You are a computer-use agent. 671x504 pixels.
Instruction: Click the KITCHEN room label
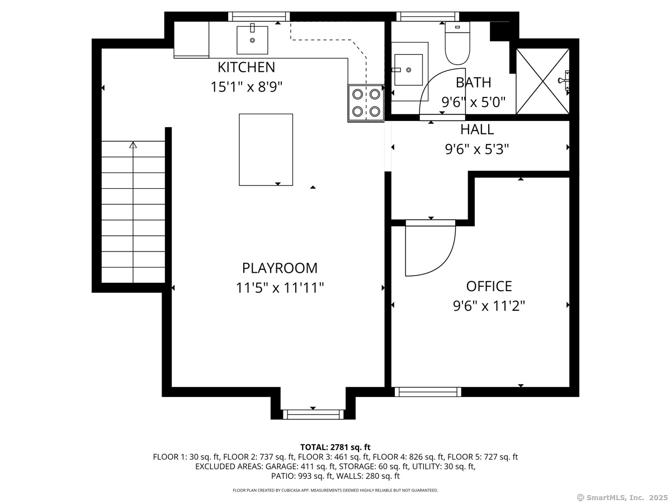tap(246, 67)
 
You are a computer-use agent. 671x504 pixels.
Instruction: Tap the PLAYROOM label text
tap(280, 268)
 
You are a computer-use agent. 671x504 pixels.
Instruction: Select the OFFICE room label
tap(489, 286)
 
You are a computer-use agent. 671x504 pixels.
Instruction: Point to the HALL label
tap(477, 129)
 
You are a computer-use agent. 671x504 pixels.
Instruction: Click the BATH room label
tap(473, 82)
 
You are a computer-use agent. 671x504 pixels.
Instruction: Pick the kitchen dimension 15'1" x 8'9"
tap(246, 87)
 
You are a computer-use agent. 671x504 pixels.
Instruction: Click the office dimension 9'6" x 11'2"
tap(489, 306)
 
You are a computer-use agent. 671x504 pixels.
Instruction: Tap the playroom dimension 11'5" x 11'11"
tap(280, 288)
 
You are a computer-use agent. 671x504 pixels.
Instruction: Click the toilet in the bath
tap(457, 43)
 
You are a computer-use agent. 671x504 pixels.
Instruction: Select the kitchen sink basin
tap(252, 40)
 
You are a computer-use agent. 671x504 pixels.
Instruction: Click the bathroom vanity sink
tap(408, 70)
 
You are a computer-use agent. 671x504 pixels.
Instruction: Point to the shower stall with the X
tap(542, 81)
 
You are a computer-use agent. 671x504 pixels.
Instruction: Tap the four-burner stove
tap(366, 103)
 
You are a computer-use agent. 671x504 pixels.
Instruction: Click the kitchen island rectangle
tap(266, 150)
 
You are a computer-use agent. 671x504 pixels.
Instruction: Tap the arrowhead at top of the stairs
tap(133, 144)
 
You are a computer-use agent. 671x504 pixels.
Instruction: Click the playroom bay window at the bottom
tap(313, 414)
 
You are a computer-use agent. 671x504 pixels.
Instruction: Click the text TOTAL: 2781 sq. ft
tap(335, 447)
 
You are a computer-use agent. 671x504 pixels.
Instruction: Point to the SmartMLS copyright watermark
tap(622, 497)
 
